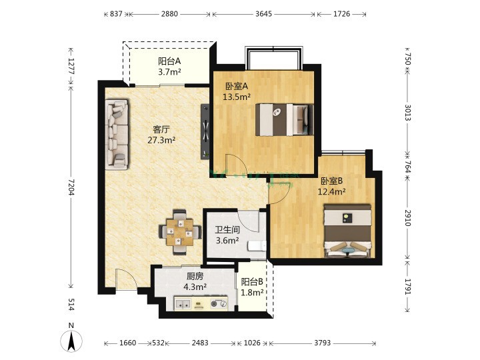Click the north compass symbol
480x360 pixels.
pyautogui.click(x=71, y=341)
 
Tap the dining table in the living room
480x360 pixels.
pyautogui.click(x=180, y=233)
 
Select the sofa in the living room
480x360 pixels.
pyautogui.click(x=117, y=135)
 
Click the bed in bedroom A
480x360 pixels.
pyautogui.click(x=285, y=120)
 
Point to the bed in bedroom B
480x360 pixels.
pyautogui.click(x=348, y=231)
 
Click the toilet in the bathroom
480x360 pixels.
pyautogui.click(x=257, y=246)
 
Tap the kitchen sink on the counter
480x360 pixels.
pyautogui.click(x=183, y=304)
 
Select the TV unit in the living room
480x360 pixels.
pyautogui.click(x=205, y=131)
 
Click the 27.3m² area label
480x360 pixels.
pyautogui.click(x=161, y=140)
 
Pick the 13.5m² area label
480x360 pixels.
pyautogui.click(x=237, y=97)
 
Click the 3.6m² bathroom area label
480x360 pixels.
pyautogui.click(x=227, y=241)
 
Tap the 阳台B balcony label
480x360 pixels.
pyautogui.click(x=252, y=281)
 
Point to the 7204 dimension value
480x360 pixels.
pyautogui.click(x=71, y=187)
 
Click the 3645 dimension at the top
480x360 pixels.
pyautogui.click(x=263, y=14)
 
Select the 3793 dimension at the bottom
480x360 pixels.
pyautogui.click(x=323, y=343)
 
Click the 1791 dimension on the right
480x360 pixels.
pyautogui.click(x=407, y=287)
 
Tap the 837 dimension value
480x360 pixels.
pyautogui.click(x=116, y=14)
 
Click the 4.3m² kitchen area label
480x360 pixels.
pyautogui.click(x=195, y=287)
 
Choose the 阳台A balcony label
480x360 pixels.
pyautogui.click(x=169, y=61)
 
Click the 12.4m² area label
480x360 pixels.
pyautogui.click(x=332, y=191)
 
